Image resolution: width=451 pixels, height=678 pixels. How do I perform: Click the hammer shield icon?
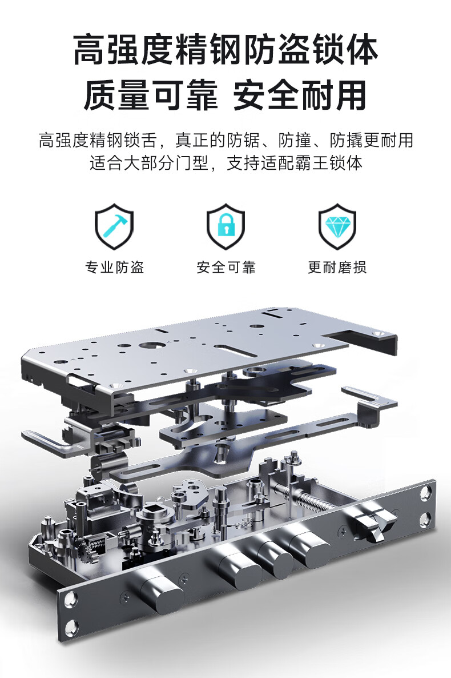tap(114, 226)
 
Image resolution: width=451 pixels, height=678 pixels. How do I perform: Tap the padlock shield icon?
tap(226, 226)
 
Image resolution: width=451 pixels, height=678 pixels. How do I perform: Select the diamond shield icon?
tap(337, 226)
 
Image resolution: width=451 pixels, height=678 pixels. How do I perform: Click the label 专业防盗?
tap(114, 267)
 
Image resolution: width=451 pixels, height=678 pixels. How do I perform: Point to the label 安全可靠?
tap(226, 267)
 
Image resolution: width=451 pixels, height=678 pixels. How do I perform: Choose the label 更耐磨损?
tap(337, 267)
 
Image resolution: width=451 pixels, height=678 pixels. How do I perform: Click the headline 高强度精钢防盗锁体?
tap(226, 50)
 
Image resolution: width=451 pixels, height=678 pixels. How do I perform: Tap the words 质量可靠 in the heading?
tap(151, 95)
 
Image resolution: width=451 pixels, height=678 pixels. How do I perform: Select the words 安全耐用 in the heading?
tap(300, 95)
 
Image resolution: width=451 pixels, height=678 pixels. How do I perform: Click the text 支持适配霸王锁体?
tap(294, 163)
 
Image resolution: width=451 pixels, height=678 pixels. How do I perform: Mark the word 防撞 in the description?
tap(294, 140)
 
